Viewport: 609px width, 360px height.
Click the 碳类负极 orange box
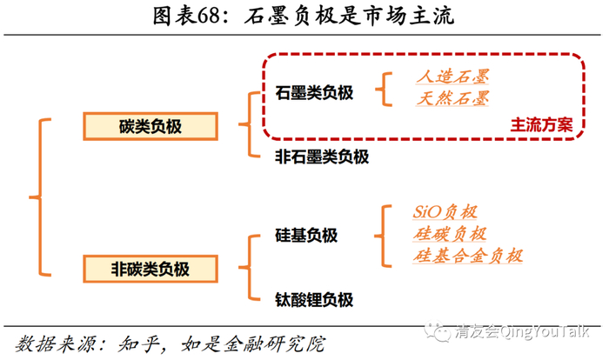[x=150, y=126]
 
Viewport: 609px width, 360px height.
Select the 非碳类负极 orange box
[x=150, y=268]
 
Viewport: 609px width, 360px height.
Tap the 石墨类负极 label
[x=314, y=92]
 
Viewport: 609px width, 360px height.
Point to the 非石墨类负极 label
[x=322, y=157]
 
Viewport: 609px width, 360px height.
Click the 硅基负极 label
[x=305, y=236]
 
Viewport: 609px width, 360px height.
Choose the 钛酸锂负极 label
[x=314, y=300]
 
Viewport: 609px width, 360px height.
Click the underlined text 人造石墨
[x=452, y=77]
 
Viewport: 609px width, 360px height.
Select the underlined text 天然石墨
[x=452, y=99]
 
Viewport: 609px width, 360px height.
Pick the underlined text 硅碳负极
[x=450, y=235]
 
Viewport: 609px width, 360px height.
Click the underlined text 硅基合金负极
[x=468, y=257]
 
